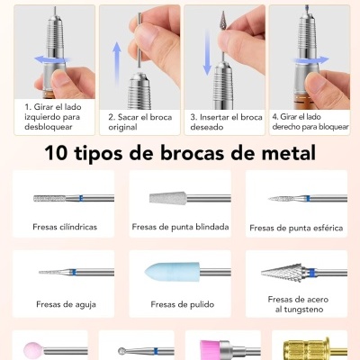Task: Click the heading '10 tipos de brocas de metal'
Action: coord(180,152)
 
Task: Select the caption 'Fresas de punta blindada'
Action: coord(180,227)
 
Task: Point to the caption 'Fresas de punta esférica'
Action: coord(296,228)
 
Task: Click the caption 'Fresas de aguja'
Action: coord(60,304)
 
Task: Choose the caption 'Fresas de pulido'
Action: coord(175,304)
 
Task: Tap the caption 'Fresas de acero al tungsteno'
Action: coord(296,303)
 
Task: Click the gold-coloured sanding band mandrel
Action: coord(301,347)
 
